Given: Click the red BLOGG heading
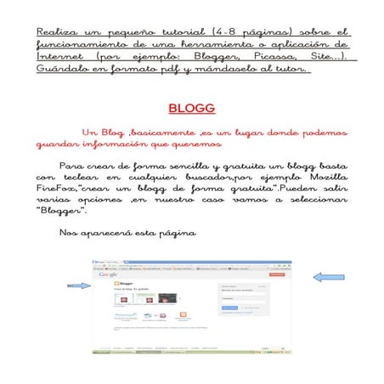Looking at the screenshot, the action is click(191, 110).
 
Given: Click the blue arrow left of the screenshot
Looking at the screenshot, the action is click(79, 286).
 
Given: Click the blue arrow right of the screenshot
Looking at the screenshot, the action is click(328, 277).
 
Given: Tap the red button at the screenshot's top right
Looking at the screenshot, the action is click(276, 274).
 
